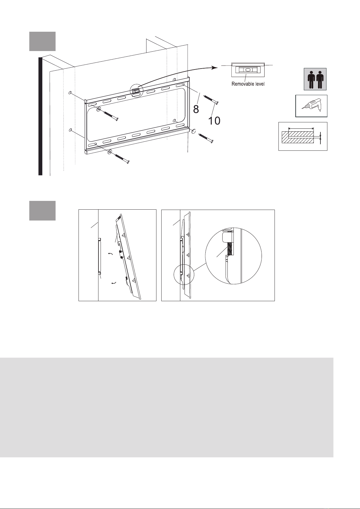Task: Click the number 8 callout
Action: point(196,109)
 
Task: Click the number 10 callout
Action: point(214,121)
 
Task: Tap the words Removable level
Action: point(248,84)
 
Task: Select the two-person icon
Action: point(315,79)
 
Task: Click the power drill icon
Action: point(311,106)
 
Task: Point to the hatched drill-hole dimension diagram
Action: point(303,136)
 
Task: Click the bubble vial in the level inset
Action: point(248,70)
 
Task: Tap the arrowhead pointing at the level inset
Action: point(215,67)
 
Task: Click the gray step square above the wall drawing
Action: point(43,41)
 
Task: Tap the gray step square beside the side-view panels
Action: point(43,211)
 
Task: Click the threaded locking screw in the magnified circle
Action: point(229,249)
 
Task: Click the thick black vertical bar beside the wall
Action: point(40,116)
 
